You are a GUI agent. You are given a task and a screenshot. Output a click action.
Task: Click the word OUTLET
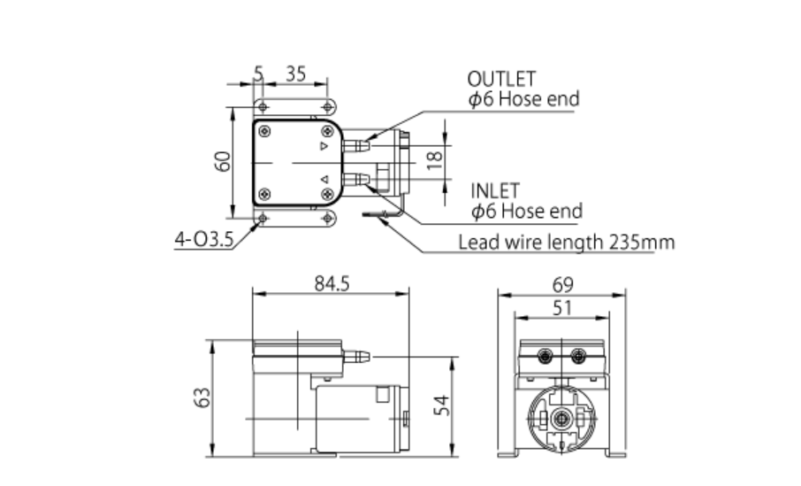pyautogui.click(x=500, y=79)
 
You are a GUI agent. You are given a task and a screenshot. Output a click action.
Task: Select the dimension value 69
pyautogui.click(x=562, y=284)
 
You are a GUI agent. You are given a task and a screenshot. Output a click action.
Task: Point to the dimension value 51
pyautogui.click(x=562, y=308)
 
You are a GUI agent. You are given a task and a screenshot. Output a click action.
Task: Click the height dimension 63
pyautogui.click(x=200, y=397)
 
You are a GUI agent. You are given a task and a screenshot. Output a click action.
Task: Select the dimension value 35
pyautogui.click(x=295, y=74)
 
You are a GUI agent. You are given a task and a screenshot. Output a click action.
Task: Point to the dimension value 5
pyautogui.click(x=257, y=74)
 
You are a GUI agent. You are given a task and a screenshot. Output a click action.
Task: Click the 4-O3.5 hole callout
pyautogui.click(x=203, y=239)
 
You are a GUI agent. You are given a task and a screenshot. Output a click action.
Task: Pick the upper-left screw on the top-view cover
pyautogui.click(x=264, y=131)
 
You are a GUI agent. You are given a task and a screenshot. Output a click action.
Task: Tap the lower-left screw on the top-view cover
pyautogui.click(x=264, y=194)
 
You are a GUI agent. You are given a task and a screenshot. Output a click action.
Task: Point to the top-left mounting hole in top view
pyautogui.click(x=261, y=107)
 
